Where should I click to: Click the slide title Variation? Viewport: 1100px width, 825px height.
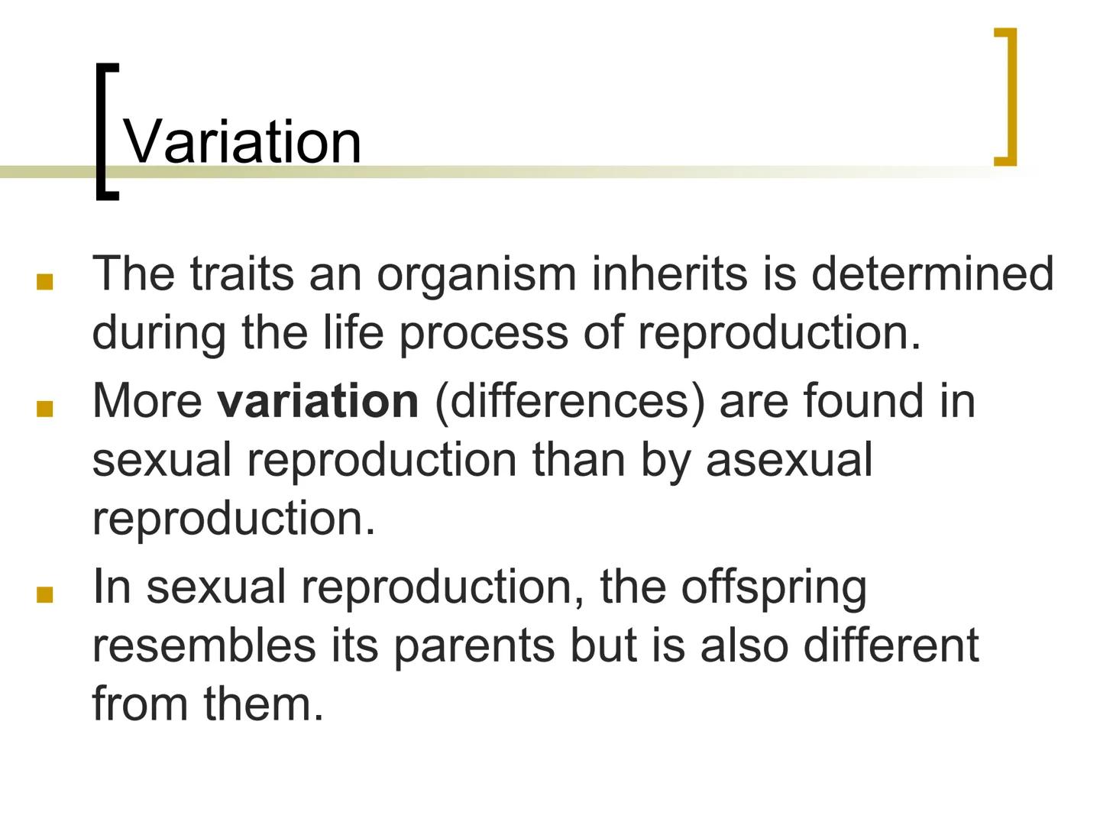point(242,141)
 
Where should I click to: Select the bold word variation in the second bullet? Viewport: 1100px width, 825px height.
point(318,400)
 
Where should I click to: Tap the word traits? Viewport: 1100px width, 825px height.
point(241,273)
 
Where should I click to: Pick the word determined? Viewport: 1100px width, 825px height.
point(932,273)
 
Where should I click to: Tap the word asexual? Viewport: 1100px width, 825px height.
point(788,460)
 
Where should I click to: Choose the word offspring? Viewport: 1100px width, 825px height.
point(773,587)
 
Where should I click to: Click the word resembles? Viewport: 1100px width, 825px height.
point(203,645)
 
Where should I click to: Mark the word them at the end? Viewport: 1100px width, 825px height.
point(264,704)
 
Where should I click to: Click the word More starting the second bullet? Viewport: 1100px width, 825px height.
point(147,400)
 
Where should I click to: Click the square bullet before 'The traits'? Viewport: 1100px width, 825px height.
point(44,283)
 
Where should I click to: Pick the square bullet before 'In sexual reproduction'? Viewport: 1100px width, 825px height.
point(44,596)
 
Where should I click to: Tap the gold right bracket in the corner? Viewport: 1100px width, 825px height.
point(1008,96)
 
